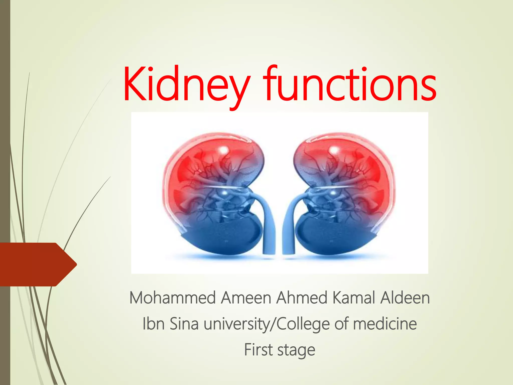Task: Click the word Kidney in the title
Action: (x=187, y=84)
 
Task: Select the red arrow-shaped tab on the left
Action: (x=38, y=264)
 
